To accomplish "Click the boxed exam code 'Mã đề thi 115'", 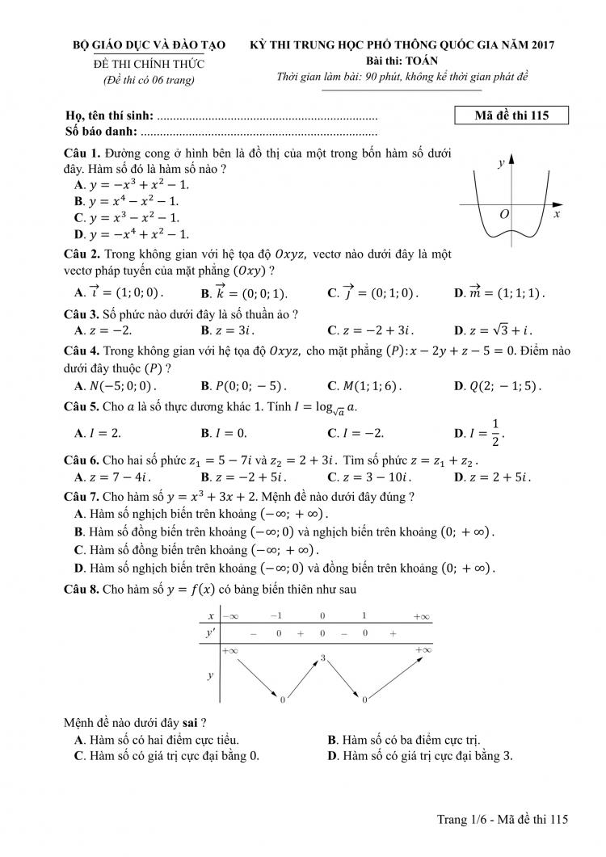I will (x=512, y=116).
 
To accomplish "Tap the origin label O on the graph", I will (x=504, y=214).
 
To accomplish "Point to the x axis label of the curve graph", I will (x=557, y=215).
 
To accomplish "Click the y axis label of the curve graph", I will (x=501, y=162).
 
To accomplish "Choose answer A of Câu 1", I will (x=132, y=184).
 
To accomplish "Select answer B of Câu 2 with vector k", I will (x=243, y=292).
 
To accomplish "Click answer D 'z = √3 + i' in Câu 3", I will (x=493, y=330).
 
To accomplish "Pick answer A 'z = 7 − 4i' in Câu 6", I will (x=108, y=477).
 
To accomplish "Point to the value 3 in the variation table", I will (x=322, y=658).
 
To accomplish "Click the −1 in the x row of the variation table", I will (x=276, y=615).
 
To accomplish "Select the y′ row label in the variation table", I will (x=210, y=634).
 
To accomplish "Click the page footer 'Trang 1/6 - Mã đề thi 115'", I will (x=503, y=819).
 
